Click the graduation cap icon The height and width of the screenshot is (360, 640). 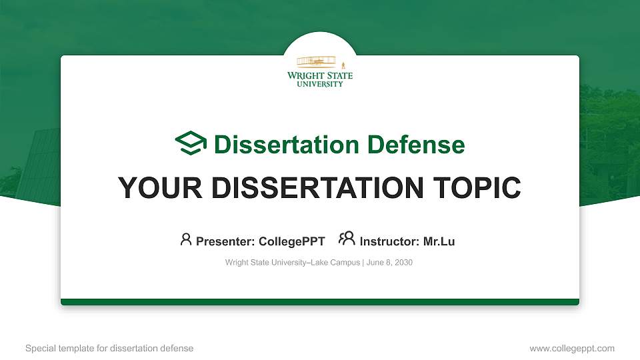[191, 144]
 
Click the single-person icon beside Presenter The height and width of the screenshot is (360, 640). [186, 240]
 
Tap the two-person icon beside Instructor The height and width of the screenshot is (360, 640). [347, 239]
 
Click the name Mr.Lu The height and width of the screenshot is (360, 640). [439, 241]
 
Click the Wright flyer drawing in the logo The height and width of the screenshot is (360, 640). [317, 62]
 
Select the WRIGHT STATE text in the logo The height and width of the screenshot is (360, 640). [320, 76]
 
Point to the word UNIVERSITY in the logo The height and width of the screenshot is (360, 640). [320, 84]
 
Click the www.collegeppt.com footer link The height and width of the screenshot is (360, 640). [571, 348]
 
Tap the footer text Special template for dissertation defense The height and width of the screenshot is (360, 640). [109, 348]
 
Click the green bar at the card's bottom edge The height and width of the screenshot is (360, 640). [320, 302]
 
